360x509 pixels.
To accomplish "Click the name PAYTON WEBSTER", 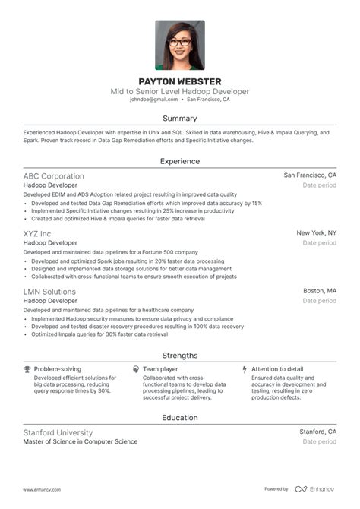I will (x=179, y=81).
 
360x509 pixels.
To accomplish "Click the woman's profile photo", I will (x=180, y=45).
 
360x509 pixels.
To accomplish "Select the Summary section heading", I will (x=180, y=119).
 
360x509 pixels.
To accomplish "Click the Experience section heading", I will (x=180, y=161).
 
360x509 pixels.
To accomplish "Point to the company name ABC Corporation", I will (x=54, y=175).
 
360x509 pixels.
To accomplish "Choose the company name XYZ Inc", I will (x=37, y=233).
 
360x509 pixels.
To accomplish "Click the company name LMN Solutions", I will (x=49, y=292).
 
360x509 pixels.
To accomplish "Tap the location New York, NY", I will (x=316, y=233).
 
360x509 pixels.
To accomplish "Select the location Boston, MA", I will (x=320, y=292).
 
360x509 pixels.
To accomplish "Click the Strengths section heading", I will (x=180, y=355).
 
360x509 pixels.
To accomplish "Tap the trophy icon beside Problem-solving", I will (x=27, y=369).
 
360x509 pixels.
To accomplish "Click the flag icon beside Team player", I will (x=135, y=369).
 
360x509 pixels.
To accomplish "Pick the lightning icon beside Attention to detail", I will (x=245, y=369).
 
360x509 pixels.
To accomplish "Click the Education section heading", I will (x=180, y=417).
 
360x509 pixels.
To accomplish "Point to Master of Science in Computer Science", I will (x=81, y=441).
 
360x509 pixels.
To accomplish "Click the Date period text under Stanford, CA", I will (x=319, y=441).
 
